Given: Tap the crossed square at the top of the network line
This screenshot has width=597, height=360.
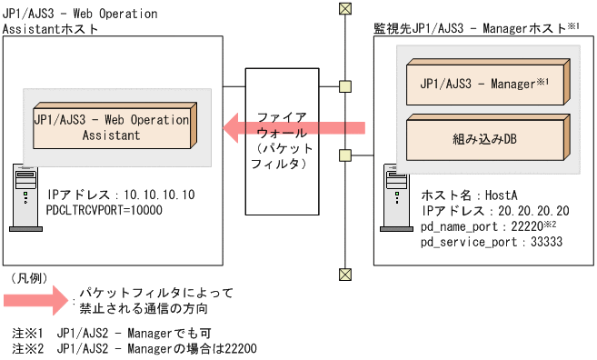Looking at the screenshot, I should click(344, 8).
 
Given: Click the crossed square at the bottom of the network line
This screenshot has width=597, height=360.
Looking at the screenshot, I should click(344, 272).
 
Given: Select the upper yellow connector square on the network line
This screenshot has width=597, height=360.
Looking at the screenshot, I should click(344, 87).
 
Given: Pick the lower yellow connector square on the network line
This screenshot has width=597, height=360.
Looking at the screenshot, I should click(344, 154).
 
